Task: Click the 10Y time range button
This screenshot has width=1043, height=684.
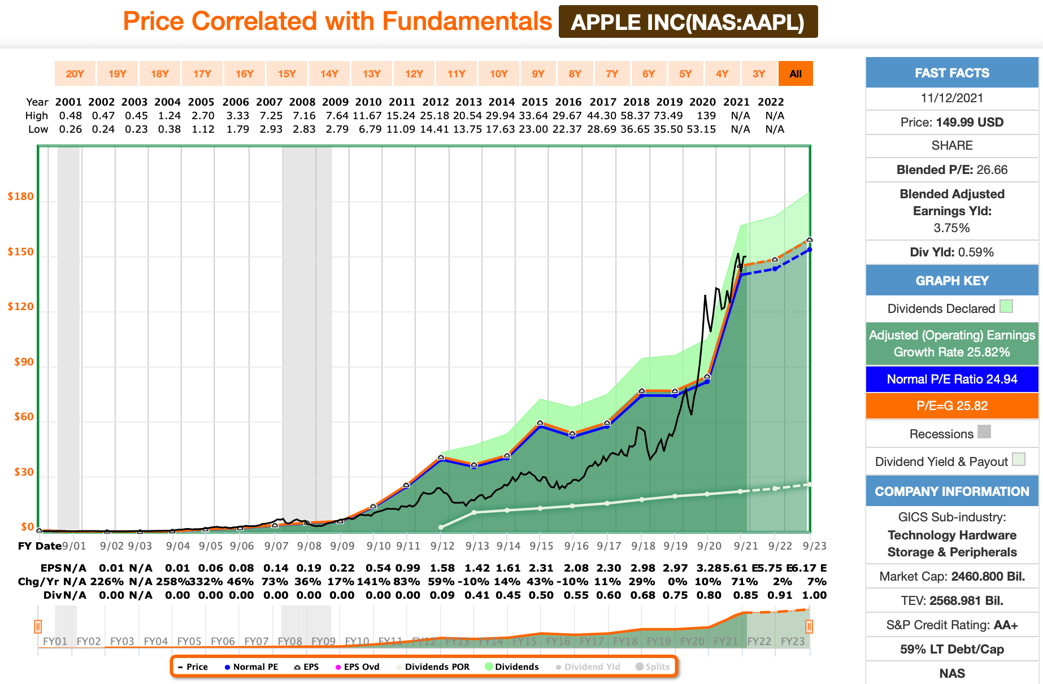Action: pos(498,73)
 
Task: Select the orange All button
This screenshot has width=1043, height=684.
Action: pos(796,73)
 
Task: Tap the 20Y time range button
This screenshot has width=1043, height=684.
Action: pos(75,73)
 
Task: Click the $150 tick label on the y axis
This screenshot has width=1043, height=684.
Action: pos(20,252)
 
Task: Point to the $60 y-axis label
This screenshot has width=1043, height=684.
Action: pos(24,417)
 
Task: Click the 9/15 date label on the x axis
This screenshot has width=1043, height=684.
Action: pos(541,546)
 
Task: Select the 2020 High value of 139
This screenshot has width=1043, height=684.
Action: pos(706,116)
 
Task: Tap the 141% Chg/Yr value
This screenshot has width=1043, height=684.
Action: pos(378,582)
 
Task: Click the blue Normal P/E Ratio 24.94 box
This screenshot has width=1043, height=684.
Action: pos(951,380)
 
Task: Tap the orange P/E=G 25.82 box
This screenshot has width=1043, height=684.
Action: pos(951,406)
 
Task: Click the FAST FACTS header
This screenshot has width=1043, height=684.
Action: pos(951,73)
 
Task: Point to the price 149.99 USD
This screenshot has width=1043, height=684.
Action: pos(969,123)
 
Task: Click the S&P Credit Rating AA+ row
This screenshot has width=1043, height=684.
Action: pos(951,625)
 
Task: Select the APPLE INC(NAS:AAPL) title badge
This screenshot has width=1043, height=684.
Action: pos(688,22)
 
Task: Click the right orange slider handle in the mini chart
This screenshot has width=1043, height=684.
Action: pos(809,626)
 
